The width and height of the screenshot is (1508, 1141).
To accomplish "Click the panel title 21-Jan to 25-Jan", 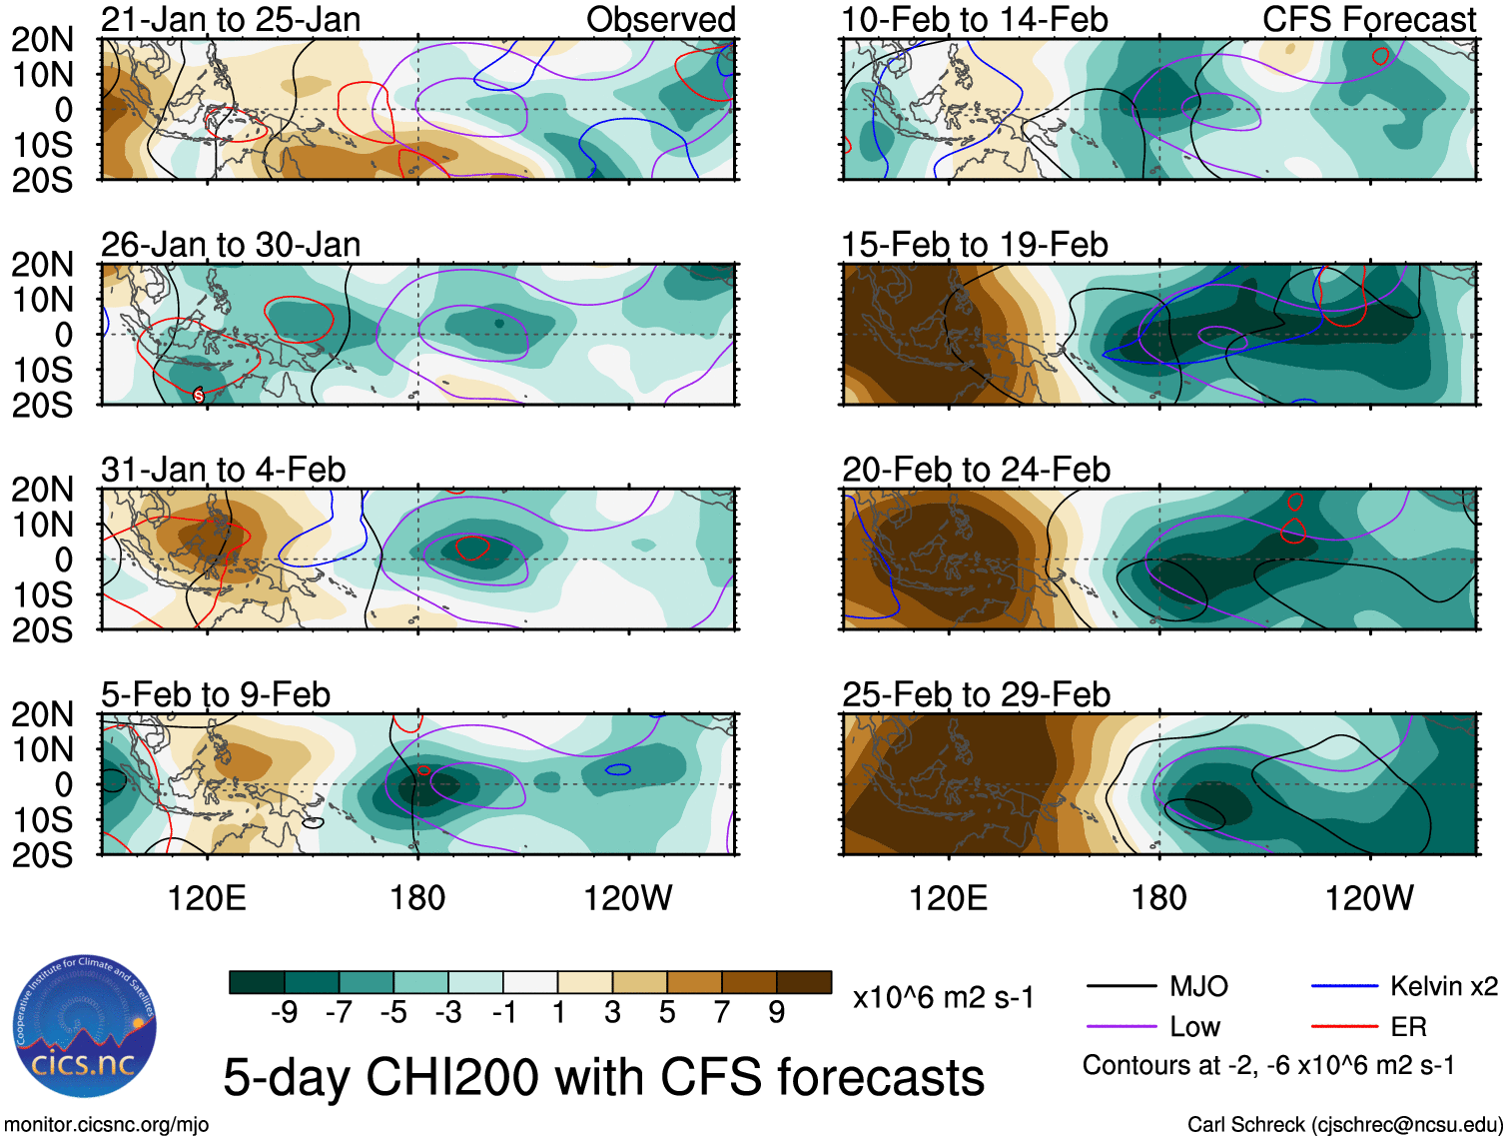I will pos(231,20).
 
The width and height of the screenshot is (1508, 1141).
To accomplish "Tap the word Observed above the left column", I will pos(660,20).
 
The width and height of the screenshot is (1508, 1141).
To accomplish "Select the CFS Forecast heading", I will pos(1368,20).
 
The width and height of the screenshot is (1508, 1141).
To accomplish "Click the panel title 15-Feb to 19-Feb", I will pos(974,245).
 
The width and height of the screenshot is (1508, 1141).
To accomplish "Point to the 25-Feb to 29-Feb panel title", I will pos(976,694).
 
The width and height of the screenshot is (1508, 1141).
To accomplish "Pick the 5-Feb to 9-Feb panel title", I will pos(216,694).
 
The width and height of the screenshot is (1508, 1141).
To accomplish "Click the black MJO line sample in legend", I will pos(1121,987).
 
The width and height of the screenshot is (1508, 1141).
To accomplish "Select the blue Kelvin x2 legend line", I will pos(1344,987).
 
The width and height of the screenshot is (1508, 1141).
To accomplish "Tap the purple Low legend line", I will pos(1121,1026).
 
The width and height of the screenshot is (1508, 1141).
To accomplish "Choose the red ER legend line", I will pos(1344,1026).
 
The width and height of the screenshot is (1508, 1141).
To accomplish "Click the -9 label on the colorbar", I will pos(284,1013).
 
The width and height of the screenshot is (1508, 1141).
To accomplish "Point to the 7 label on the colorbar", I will pos(721,1013).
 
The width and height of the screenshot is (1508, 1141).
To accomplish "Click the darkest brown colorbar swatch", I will pos(804,982).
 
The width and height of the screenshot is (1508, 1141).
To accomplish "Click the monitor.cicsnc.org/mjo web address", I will pos(107,1125).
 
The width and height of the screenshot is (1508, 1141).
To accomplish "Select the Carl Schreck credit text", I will pos(1344,1125).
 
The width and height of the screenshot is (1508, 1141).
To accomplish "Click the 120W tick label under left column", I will pos(627,898).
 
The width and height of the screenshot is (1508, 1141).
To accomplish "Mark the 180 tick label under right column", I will pos(1158,898).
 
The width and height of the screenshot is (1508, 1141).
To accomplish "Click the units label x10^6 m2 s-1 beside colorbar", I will pos(943,998).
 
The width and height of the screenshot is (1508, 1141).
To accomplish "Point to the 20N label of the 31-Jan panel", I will pos(42,490).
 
